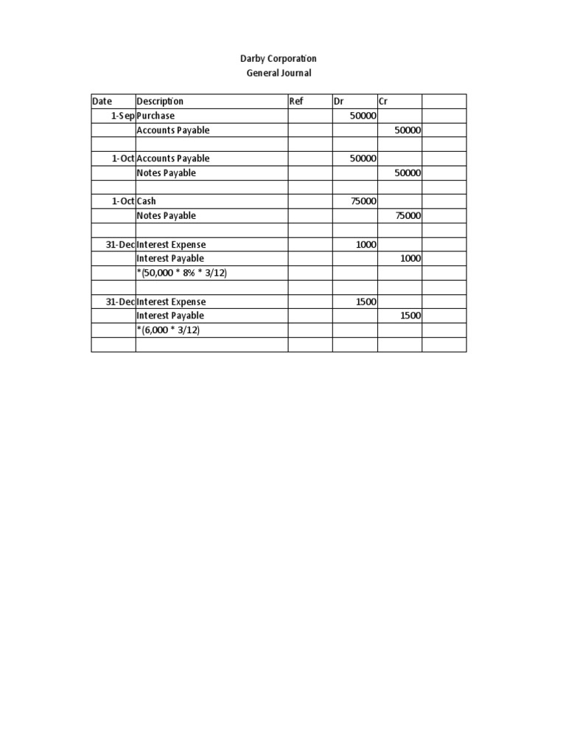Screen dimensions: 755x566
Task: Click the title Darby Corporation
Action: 279,58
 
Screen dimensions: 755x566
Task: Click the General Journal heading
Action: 279,73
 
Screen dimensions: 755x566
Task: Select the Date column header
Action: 102,102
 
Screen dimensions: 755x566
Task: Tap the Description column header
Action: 160,102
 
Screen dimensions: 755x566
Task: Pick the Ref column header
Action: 296,102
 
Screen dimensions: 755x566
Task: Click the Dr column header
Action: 339,102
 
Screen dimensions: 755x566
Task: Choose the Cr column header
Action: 383,102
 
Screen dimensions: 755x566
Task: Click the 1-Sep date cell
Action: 122,116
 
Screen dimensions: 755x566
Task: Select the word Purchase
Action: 156,116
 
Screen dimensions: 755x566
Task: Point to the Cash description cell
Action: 147,201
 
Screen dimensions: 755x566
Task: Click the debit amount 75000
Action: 363,201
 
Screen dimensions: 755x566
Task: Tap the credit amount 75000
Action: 408,216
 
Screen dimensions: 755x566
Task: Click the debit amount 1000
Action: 366,245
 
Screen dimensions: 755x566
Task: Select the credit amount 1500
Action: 410,316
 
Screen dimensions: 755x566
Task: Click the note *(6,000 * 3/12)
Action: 168,330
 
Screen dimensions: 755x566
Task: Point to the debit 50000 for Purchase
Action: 363,116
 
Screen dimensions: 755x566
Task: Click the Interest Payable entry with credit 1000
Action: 170,259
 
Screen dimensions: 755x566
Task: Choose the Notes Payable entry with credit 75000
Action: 167,216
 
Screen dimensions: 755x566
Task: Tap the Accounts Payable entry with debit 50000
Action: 173,159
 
